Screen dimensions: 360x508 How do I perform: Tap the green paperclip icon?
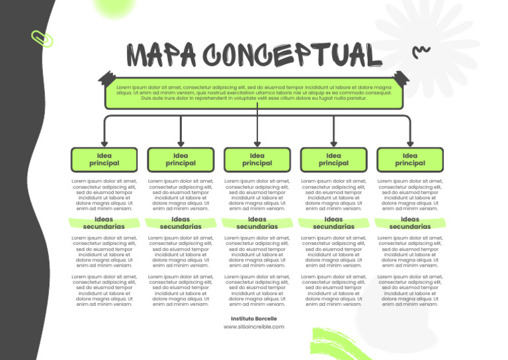42,38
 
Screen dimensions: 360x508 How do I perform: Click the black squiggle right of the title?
421,51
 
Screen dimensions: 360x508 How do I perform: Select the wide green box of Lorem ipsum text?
254,93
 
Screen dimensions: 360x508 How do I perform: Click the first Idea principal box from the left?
104,159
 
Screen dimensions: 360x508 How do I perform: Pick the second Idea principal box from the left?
181,159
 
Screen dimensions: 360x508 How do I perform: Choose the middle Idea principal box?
257,159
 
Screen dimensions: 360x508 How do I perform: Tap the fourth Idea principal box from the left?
333,159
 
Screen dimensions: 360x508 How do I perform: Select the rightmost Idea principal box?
410,159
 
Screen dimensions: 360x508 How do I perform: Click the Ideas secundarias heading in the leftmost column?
104,223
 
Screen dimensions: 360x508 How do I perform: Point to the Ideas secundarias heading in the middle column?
257,223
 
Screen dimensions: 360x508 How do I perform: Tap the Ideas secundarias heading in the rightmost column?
410,223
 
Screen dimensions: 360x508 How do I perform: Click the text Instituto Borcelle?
254,318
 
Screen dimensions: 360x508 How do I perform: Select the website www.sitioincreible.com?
254,326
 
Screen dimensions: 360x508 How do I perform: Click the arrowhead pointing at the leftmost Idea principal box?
104,142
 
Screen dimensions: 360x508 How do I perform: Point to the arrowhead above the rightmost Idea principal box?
410,142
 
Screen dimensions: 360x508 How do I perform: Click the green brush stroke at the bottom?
334,344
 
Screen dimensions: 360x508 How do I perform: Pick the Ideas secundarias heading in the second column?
181,223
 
